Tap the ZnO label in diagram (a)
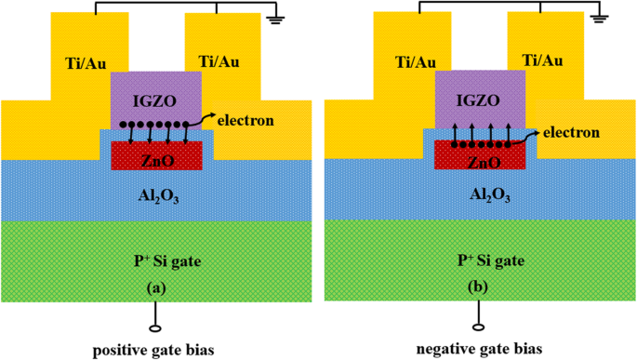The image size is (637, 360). (155, 160)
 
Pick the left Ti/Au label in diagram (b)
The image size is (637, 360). (417, 61)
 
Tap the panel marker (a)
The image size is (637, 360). (155, 287)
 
